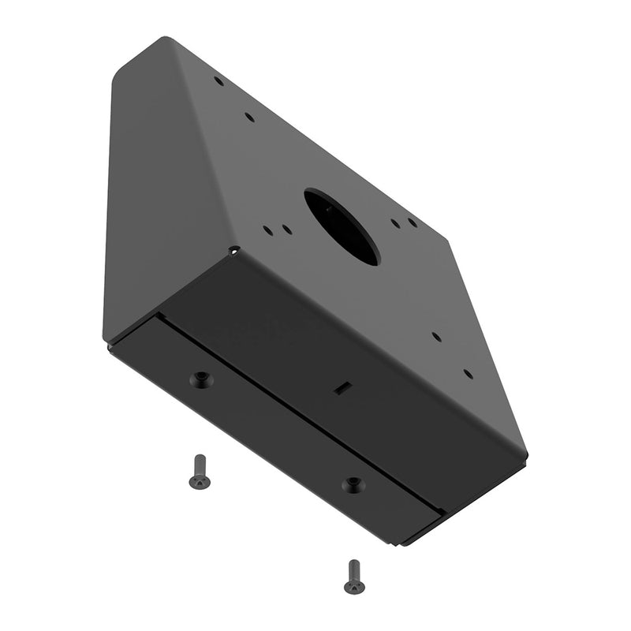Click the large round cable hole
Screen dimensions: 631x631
click(x=342, y=226)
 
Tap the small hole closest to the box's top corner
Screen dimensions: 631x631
click(x=218, y=80)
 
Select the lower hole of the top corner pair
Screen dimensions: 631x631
click(x=249, y=118)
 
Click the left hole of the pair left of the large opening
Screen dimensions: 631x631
click(x=269, y=231)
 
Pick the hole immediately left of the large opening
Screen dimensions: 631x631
click(x=287, y=230)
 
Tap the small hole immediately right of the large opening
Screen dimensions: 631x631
click(x=395, y=223)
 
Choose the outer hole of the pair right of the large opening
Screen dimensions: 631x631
click(x=413, y=223)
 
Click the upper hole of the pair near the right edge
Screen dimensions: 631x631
click(x=436, y=336)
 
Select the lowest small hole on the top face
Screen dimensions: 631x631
click(x=468, y=374)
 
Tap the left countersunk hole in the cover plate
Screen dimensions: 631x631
click(x=202, y=380)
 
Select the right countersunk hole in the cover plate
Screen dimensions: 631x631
click(x=354, y=484)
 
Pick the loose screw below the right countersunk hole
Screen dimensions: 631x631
click(x=353, y=577)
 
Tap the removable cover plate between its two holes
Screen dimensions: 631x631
click(x=276, y=434)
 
